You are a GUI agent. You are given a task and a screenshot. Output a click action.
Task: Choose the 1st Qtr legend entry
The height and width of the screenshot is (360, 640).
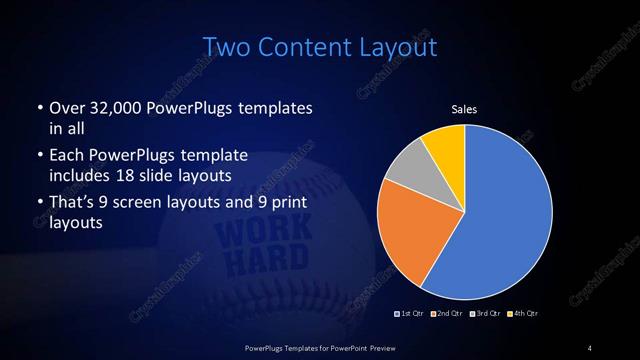411,314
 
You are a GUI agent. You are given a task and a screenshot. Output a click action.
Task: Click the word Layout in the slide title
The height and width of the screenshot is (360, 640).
391,46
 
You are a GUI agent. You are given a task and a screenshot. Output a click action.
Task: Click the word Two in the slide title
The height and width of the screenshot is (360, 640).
225,46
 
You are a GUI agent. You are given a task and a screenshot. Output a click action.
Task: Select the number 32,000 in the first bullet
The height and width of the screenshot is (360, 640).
114,108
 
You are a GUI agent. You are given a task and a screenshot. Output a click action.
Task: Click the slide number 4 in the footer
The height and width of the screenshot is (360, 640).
590,347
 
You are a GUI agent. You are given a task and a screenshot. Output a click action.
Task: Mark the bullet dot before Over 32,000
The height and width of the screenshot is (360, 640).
38,108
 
